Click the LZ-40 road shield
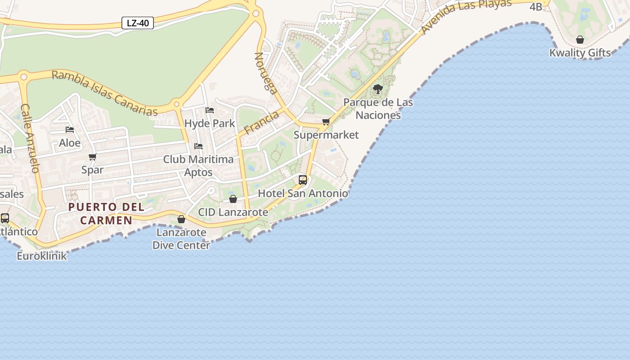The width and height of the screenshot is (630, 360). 138,23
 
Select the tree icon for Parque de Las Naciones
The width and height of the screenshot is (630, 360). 378,89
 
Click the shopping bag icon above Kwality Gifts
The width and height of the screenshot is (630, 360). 580,40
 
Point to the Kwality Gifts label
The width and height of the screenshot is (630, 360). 580,53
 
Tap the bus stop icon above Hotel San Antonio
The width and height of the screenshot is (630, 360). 303,180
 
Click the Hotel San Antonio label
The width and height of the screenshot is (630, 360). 302,193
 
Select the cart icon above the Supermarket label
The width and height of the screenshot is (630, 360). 326,121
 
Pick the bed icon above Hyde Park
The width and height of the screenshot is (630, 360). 210,110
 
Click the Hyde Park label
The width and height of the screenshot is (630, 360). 210,123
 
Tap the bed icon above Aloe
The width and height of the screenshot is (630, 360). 70,130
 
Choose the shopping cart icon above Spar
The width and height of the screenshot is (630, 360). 93,157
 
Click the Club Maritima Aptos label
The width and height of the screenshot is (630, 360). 198,166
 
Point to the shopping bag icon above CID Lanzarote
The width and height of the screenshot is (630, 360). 233,199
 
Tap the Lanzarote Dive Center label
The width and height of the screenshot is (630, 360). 180,239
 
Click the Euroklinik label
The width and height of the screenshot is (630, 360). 42,256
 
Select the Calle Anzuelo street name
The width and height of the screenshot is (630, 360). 31,139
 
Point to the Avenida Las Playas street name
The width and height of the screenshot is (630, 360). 467,16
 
